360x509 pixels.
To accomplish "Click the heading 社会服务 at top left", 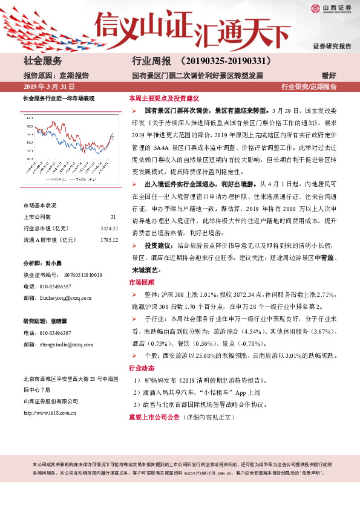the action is [43, 62].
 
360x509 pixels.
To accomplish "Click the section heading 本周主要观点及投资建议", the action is [163, 98].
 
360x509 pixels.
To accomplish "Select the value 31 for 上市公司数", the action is [113, 216].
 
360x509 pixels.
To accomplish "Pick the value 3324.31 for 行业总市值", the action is [108, 228].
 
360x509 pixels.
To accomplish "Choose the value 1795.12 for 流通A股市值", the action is [108, 239].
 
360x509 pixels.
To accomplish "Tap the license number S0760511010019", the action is [83, 275].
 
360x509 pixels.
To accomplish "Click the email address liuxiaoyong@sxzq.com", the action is [70, 297].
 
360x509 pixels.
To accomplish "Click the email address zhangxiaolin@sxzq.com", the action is [71, 344].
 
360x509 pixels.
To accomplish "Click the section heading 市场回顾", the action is [142, 282].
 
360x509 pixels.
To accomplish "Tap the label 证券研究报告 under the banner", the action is [332, 46].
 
